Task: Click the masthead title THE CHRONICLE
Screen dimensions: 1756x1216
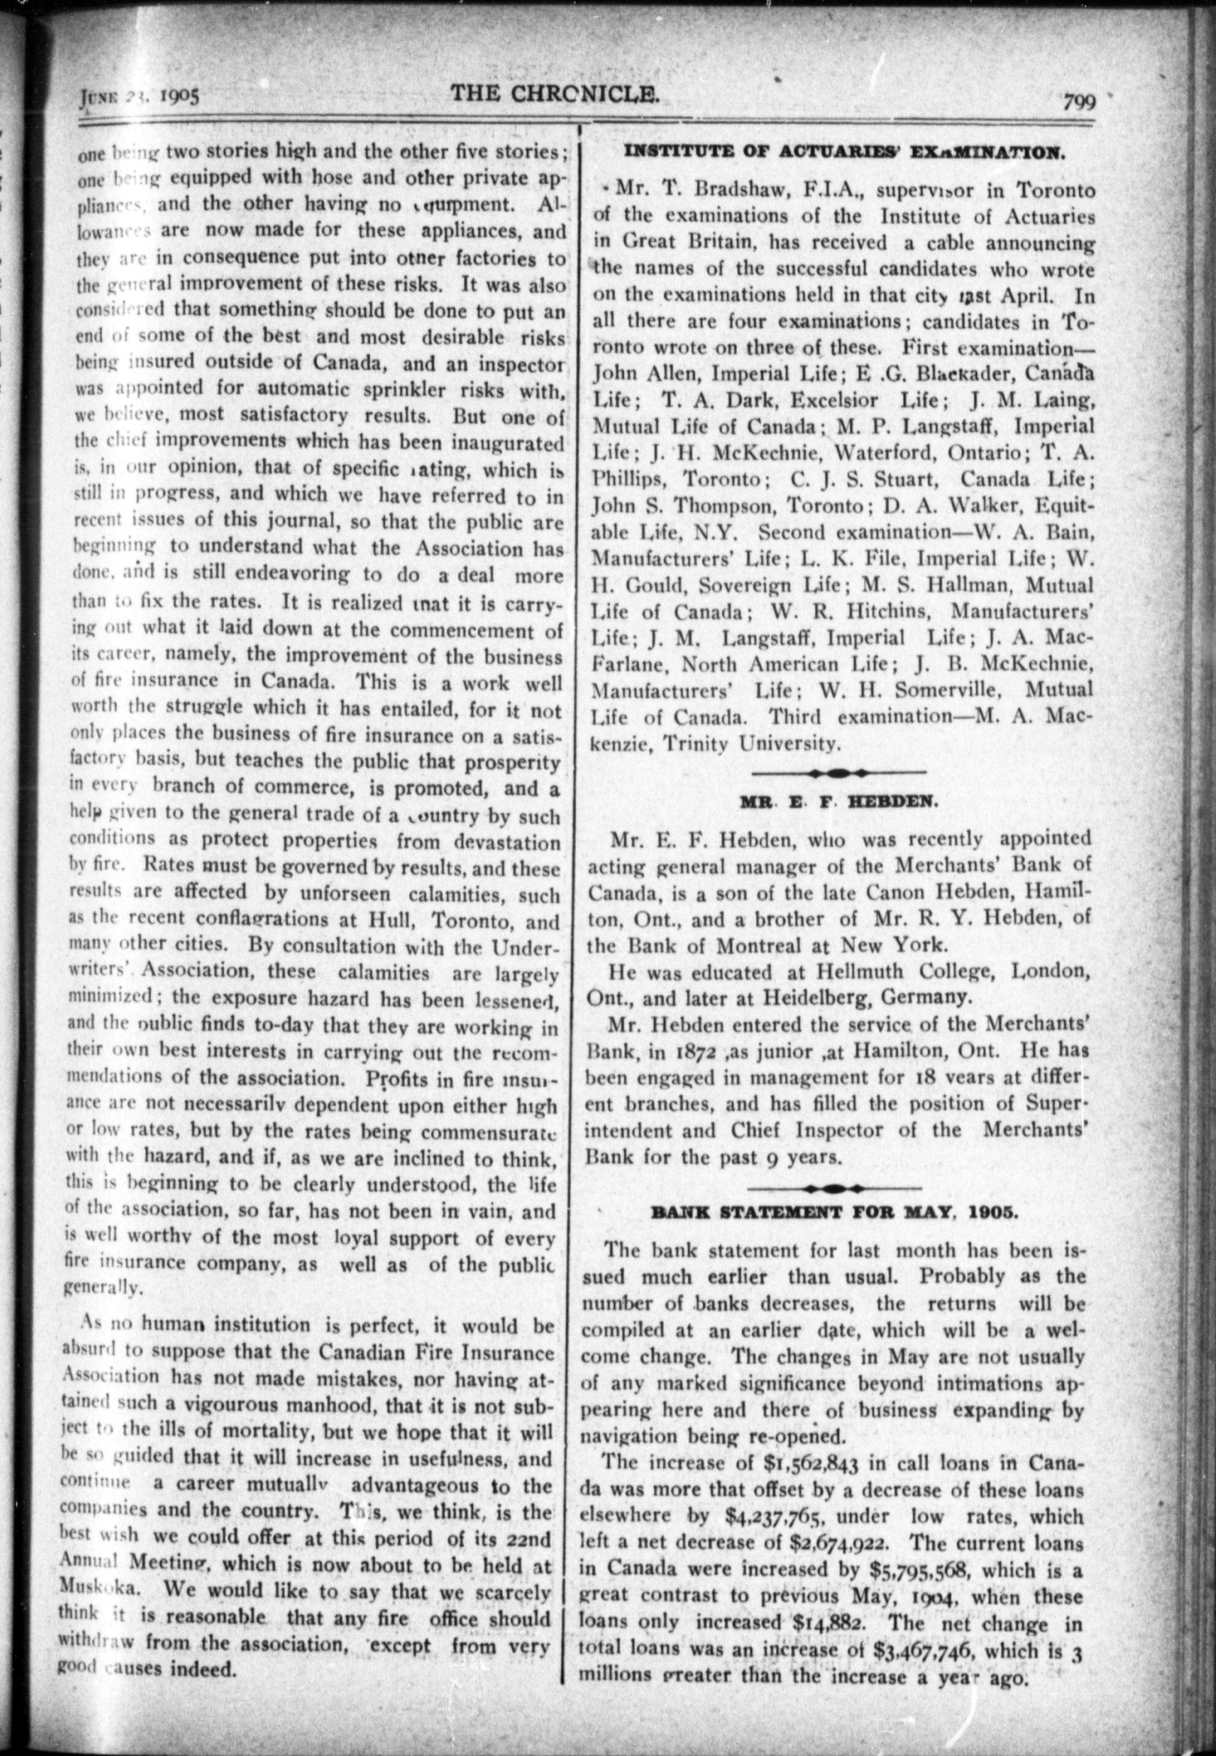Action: [554, 94]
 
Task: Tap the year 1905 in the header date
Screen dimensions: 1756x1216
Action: [178, 97]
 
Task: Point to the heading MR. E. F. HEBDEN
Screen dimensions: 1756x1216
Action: [839, 802]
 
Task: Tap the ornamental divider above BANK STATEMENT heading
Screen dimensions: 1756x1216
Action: [834, 1188]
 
